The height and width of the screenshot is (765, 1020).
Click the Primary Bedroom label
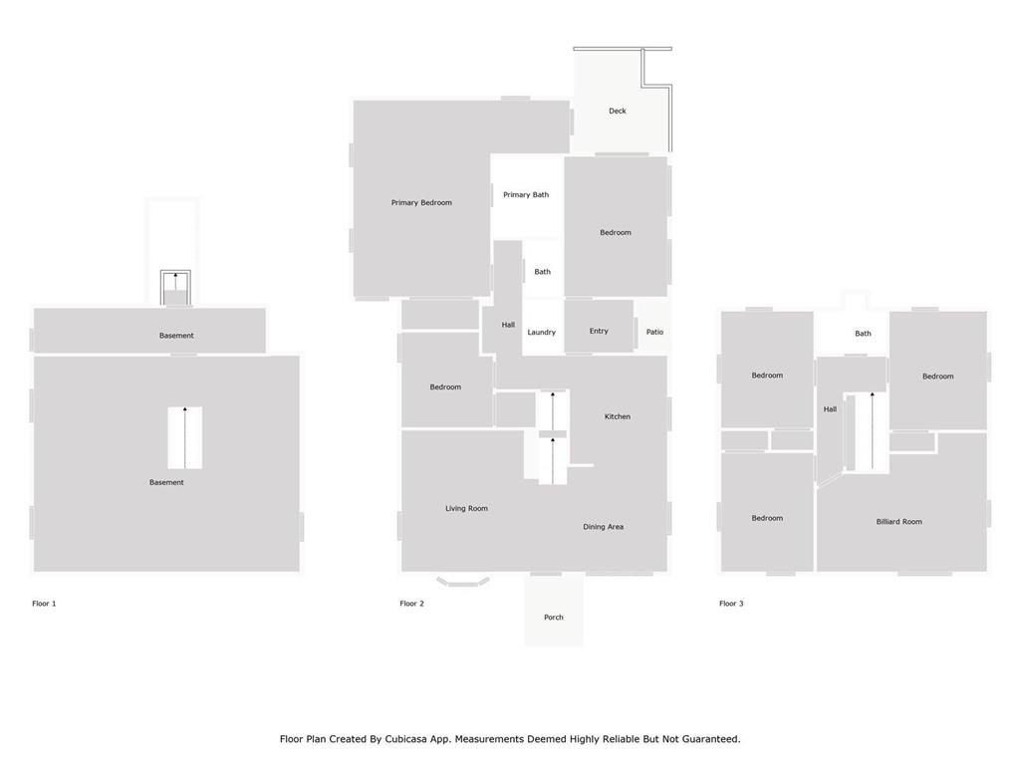pyautogui.click(x=421, y=203)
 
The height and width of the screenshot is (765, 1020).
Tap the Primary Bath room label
pyautogui.click(x=526, y=194)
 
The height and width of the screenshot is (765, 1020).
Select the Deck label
pyautogui.click(x=618, y=112)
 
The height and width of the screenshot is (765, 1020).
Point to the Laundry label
pyautogui.click(x=541, y=333)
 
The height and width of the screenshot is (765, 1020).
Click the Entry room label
pyautogui.click(x=599, y=331)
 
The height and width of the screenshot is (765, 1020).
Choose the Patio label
pyautogui.click(x=654, y=332)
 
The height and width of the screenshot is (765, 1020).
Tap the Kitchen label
pyautogui.click(x=618, y=416)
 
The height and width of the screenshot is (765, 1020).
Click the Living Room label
pyautogui.click(x=466, y=509)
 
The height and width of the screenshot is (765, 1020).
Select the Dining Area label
pyautogui.click(x=603, y=527)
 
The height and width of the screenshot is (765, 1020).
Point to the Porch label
pyautogui.click(x=554, y=618)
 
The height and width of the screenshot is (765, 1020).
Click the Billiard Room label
pyautogui.click(x=899, y=522)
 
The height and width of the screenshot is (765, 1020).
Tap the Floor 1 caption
pyautogui.click(x=44, y=604)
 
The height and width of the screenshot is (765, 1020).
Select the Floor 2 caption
pyautogui.click(x=411, y=604)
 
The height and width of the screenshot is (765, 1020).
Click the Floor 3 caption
pyautogui.click(x=731, y=604)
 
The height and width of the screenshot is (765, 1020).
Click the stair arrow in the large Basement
pyautogui.click(x=184, y=438)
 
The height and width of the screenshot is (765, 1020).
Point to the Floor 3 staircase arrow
pyautogui.click(x=873, y=430)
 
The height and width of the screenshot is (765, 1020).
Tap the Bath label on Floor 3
pyautogui.click(x=863, y=334)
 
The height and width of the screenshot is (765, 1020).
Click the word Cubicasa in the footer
pyautogui.click(x=409, y=739)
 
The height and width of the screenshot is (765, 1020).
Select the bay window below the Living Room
pyautogui.click(x=462, y=581)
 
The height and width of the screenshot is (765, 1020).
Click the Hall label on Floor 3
pyautogui.click(x=830, y=409)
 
